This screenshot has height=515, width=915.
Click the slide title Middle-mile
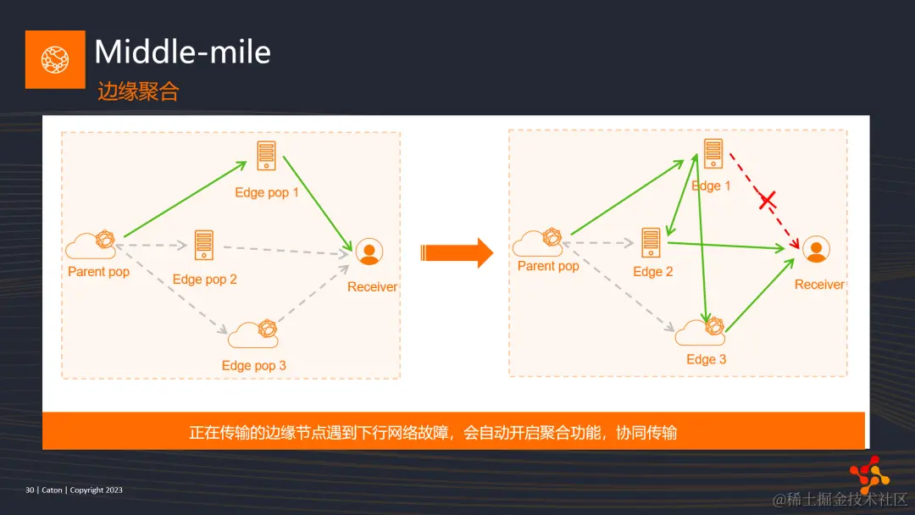[x=182, y=53]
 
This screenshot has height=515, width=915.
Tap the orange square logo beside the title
[x=55, y=59]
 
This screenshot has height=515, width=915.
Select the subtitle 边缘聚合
[x=138, y=91]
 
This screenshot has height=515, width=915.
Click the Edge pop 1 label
[x=267, y=192]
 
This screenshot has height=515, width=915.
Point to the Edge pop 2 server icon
[x=203, y=245]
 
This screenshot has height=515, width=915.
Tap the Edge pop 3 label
[x=254, y=365]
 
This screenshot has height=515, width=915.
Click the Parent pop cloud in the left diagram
[x=91, y=245]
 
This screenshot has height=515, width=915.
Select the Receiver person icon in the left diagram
[x=369, y=252]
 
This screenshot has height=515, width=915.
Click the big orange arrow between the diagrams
[x=457, y=252]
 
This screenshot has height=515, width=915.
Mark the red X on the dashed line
[x=767, y=201]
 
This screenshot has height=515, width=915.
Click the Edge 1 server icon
[x=713, y=153]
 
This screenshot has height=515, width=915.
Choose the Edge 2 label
[x=653, y=272]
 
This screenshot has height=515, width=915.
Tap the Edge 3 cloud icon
[x=700, y=330]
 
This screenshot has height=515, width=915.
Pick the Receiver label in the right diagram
[x=819, y=285]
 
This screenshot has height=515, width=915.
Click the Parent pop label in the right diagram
[x=548, y=266]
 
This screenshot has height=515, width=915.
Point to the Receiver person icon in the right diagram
[x=816, y=249]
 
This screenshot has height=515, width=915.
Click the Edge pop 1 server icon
[x=267, y=156]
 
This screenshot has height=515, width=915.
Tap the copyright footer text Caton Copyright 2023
[x=74, y=490]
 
